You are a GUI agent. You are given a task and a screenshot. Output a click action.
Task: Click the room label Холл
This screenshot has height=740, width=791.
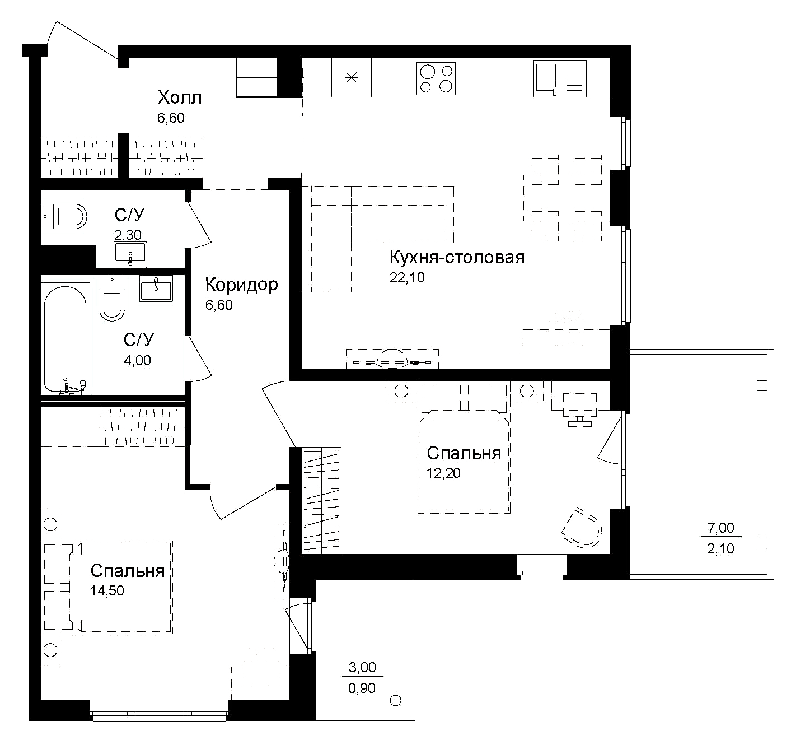[179, 97]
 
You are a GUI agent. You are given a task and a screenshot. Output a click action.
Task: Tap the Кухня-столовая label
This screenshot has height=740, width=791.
[457, 257]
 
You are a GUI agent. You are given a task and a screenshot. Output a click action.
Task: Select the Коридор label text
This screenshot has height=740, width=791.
[241, 285]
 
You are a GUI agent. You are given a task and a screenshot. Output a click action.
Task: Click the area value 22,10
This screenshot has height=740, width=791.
[407, 277]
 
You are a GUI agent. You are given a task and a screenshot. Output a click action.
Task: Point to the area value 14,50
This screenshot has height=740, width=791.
[106, 590]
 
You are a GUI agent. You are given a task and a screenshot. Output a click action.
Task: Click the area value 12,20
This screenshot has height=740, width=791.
[443, 473]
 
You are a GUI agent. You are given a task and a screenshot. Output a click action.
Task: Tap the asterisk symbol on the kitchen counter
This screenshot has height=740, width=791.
[352, 78]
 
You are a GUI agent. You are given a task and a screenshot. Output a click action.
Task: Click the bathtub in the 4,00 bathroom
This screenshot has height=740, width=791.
[65, 339]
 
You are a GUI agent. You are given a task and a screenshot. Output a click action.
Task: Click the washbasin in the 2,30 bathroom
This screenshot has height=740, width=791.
[130, 254]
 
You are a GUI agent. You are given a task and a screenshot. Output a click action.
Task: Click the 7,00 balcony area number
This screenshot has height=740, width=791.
[720, 527]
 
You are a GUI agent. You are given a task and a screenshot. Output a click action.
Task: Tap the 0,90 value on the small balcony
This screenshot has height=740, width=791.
[362, 687]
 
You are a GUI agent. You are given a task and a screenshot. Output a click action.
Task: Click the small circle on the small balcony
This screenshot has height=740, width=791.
[395, 700]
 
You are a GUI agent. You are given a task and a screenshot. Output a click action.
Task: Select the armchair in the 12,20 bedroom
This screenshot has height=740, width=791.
[582, 527]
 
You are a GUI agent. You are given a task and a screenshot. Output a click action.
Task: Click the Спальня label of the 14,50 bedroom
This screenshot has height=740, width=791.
[127, 570]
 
